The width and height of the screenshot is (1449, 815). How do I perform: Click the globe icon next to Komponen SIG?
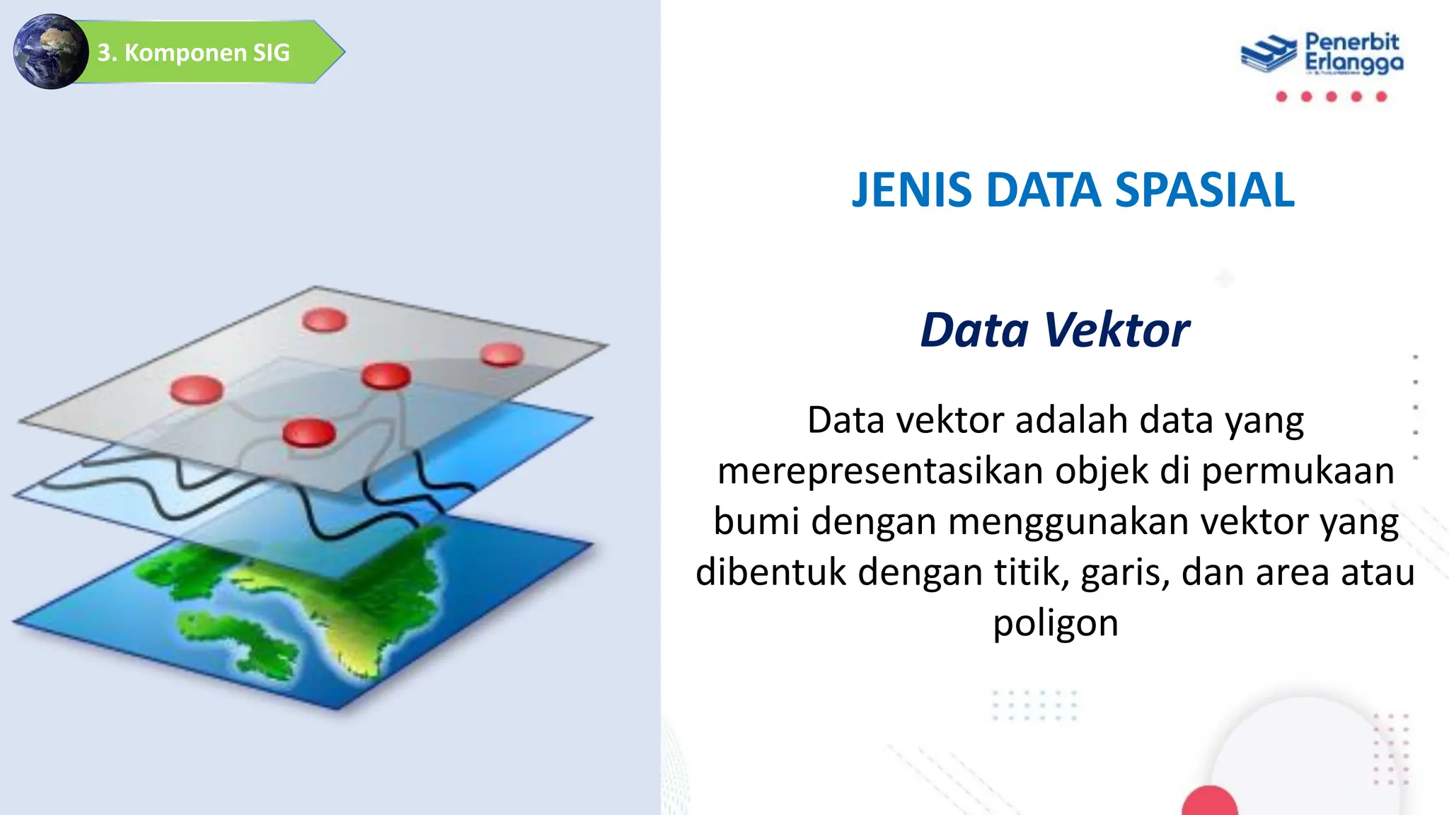[50, 52]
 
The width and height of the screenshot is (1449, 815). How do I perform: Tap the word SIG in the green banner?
[272, 52]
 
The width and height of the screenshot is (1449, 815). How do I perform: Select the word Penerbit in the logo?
[1351, 42]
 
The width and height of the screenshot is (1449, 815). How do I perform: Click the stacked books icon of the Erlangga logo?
[1269, 54]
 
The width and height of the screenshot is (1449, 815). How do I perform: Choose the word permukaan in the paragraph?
[1298, 471]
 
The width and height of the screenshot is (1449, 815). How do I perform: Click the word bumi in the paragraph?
[756, 521]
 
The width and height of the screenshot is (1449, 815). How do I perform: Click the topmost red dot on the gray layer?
[325, 320]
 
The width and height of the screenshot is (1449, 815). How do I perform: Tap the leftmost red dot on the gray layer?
[197, 389]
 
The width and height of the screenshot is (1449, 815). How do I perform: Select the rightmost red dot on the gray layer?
[502, 354]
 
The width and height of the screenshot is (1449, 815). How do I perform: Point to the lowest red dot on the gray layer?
[308, 432]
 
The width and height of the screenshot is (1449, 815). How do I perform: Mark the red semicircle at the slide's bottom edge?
[1209, 802]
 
